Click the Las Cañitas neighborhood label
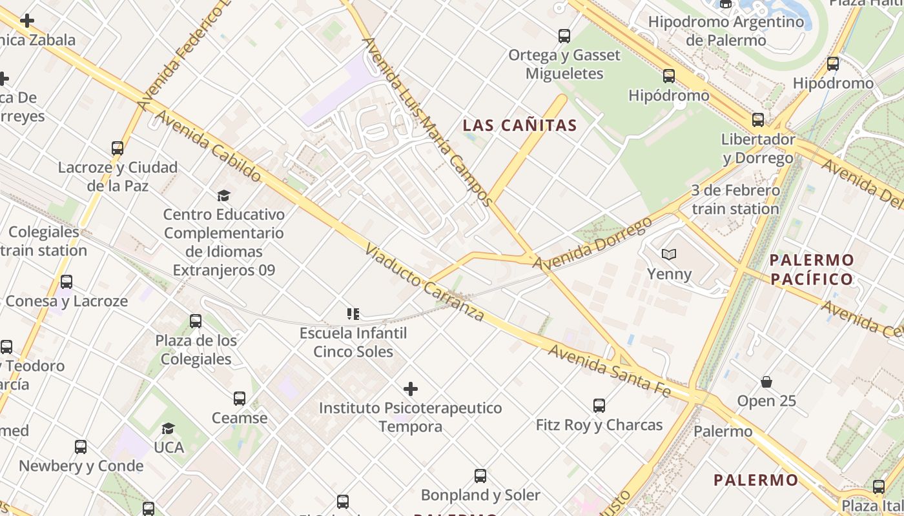click(x=519, y=125)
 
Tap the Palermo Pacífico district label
click(x=812, y=270)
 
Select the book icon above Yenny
click(x=669, y=255)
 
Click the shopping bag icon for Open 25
click(x=766, y=382)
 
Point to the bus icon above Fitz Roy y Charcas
click(x=599, y=406)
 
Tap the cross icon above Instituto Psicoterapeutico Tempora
click(x=411, y=389)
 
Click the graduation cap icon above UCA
click(x=169, y=428)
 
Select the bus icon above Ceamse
click(x=240, y=399)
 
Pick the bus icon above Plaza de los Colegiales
click(x=196, y=321)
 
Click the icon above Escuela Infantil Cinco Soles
click(x=353, y=314)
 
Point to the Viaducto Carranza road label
click(x=424, y=283)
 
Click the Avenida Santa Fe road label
click(x=610, y=370)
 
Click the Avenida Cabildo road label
click(x=208, y=146)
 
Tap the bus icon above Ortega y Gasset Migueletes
click(x=564, y=36)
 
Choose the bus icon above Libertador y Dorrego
click(x=757, y=120)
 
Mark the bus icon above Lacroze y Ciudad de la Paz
click(x=118, y=148)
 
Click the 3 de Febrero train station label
click(x=735, y=199)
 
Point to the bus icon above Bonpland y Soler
click(x=480, y=476)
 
